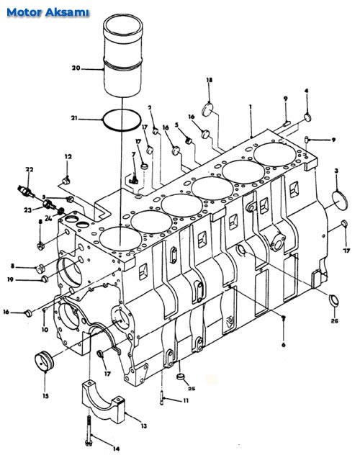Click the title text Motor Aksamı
[x=48, y=12]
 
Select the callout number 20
[x=76, y=68]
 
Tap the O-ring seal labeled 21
[x=122, y=120]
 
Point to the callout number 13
[x=144, y=426]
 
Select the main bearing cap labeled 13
[x=103, y=401]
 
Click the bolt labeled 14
[x=89, y=431]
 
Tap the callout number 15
[x=45, y=396]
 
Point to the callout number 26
[x=335, y=321]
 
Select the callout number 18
[x=210, y=80]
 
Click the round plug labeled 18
[x=207, y=109]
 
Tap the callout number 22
[x=30, y=169]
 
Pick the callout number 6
[x=283, y=345]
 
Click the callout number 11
[x=186, y=400]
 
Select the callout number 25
[x=192, y=388]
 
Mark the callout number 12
[x=68, y=156]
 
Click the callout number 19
[x=11, y=279]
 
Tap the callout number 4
[x=306, y=91]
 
